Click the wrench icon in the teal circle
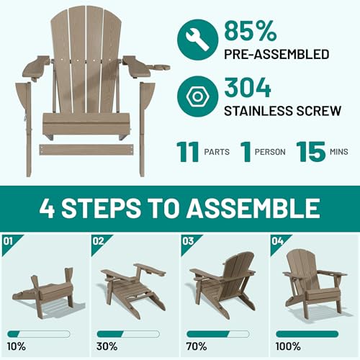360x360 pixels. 197,40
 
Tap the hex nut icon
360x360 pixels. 197,96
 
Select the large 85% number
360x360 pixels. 250,30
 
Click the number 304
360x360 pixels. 248,87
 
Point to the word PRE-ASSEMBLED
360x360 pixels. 276,54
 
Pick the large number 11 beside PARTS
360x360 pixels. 188,152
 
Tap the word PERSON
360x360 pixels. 270,152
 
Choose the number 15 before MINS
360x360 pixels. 311,152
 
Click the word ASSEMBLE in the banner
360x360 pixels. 253,208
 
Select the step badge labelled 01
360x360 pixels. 12,245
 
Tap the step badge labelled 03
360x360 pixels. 192,245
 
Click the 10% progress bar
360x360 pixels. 39,334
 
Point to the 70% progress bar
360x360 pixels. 218,334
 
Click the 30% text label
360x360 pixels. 107,346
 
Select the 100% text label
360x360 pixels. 288,346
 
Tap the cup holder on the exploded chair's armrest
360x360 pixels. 161,68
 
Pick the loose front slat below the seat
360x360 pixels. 86,150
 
